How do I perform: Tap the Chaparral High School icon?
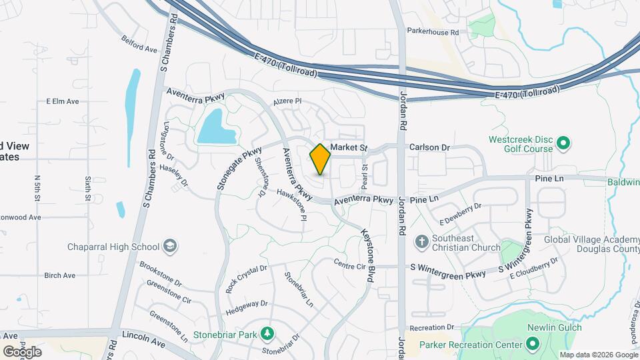(170, 247)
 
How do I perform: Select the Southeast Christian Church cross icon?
(421, 241)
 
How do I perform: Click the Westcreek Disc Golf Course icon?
(563, 142)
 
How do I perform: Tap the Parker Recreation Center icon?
(532, 344)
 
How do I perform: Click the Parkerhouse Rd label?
(433, 31)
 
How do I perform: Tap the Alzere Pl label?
(287, 101)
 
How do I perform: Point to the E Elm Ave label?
(62, 101)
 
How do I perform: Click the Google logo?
(22, 351)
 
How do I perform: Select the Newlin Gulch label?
(554, 327)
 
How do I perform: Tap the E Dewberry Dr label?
(461, 214)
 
